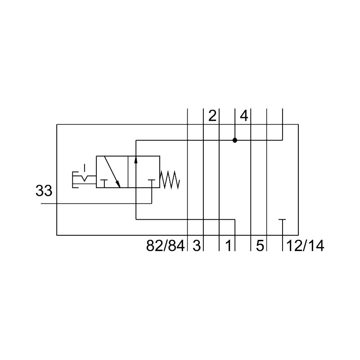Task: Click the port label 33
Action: pyautogui.click(x=44, y=190)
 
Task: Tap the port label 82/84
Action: pyautogui.click(x=165, y=245)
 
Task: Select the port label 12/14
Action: pyautogui.click(x=305, y=245)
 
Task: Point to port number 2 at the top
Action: pyautogui.click(x=212, y=116)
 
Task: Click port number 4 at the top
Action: pyautogui.click(x=244, y=116)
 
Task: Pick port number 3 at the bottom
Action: pyautogui.click(x=197, y=245)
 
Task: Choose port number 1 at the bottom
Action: pyautogui.click(x=228, y=245)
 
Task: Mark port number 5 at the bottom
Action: pyautogui.click(x=260, y=245)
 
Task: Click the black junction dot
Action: pyautogui.click(x=234, y=140)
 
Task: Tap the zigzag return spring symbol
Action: pyautogui.click(x=170, y=180)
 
